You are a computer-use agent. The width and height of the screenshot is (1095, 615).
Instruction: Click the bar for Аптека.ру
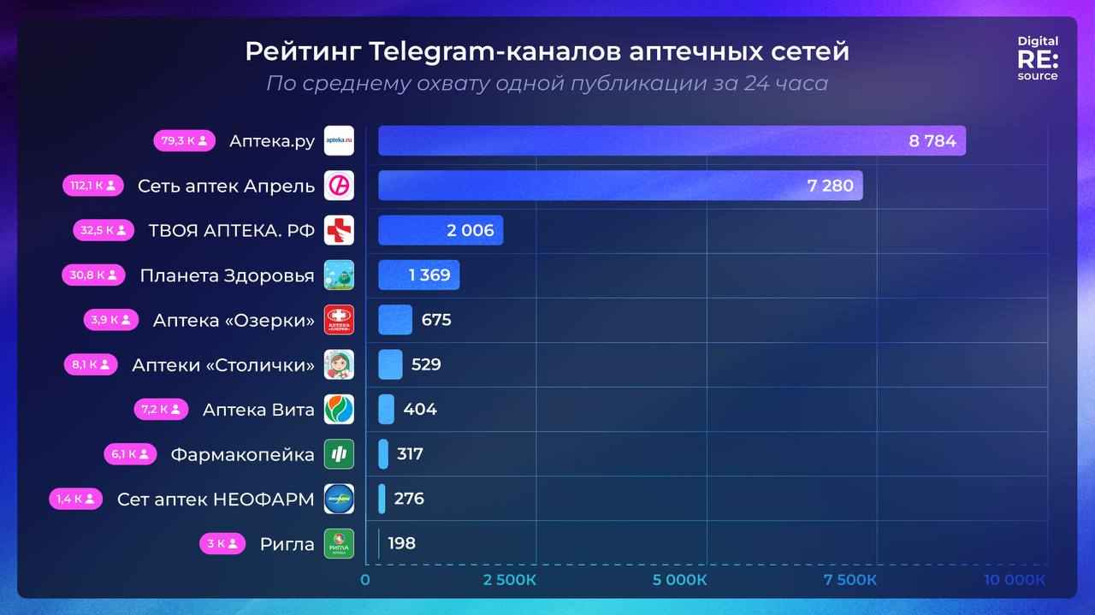tap(672, 141)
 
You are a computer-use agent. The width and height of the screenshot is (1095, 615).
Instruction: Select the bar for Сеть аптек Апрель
tap(620, 186)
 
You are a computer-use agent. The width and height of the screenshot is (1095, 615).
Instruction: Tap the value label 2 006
tap(471, 230)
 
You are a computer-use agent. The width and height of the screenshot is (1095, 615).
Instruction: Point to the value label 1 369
tap(429, 275)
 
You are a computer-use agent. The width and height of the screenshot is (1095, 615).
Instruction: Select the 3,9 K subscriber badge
tap(110, 320)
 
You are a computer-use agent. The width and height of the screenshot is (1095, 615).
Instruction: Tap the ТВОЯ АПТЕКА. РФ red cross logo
tap(339, 231)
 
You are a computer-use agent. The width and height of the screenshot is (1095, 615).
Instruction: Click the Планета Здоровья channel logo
tap(339, 275)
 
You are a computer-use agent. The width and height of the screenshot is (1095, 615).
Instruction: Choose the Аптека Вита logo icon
tap(339, 409)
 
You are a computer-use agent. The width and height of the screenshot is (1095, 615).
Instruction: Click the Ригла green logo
tap(339, 543)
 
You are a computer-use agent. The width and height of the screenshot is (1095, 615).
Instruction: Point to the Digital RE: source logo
tap(1038, 58)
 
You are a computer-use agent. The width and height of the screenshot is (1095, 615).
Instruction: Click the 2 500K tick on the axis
tap(509, 580)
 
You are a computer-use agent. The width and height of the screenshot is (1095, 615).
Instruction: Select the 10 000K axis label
tap(1014, 580)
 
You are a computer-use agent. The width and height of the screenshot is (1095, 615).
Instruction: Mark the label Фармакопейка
tap(242, 454)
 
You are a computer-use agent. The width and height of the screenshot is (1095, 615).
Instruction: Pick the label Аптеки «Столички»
tap(223, 365)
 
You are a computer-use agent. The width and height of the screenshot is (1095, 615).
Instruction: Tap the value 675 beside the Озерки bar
tap(436, 320)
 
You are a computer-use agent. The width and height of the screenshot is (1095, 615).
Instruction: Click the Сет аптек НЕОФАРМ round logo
tap(339, 499)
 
